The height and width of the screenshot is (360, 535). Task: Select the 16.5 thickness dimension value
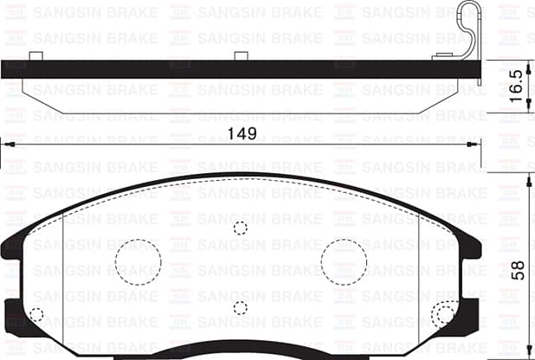516,87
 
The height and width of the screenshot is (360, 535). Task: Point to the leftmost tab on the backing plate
35,56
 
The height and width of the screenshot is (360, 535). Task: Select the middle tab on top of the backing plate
242,56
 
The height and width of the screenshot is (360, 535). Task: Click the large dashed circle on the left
139,260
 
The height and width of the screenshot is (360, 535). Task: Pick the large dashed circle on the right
345,260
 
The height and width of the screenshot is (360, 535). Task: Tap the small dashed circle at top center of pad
241,228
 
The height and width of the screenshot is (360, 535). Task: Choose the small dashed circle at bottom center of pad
241,307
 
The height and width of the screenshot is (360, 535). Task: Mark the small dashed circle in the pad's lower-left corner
36,315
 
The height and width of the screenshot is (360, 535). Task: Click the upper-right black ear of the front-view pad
472,247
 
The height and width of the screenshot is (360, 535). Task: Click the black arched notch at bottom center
241,354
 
